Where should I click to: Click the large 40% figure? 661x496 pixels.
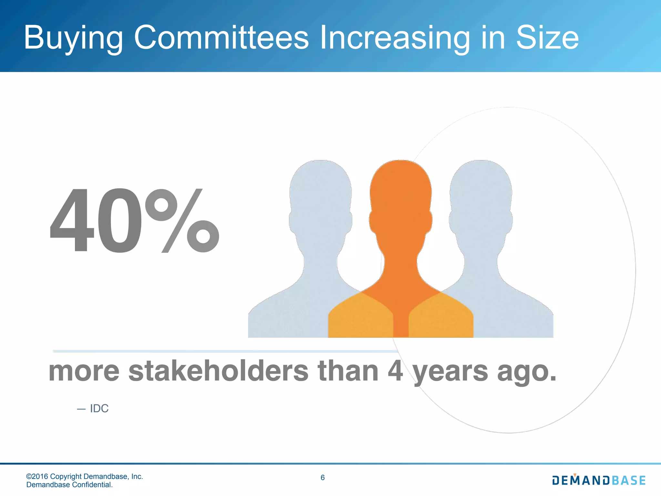134,221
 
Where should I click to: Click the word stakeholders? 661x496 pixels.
219,371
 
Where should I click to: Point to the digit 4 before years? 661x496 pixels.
395,371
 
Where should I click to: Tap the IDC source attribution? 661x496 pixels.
99,408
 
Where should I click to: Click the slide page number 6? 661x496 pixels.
322,478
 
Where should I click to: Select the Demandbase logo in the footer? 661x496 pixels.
599,480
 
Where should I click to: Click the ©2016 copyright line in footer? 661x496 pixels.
85,476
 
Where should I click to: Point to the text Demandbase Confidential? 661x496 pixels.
69,485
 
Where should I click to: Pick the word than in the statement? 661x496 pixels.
348,371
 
